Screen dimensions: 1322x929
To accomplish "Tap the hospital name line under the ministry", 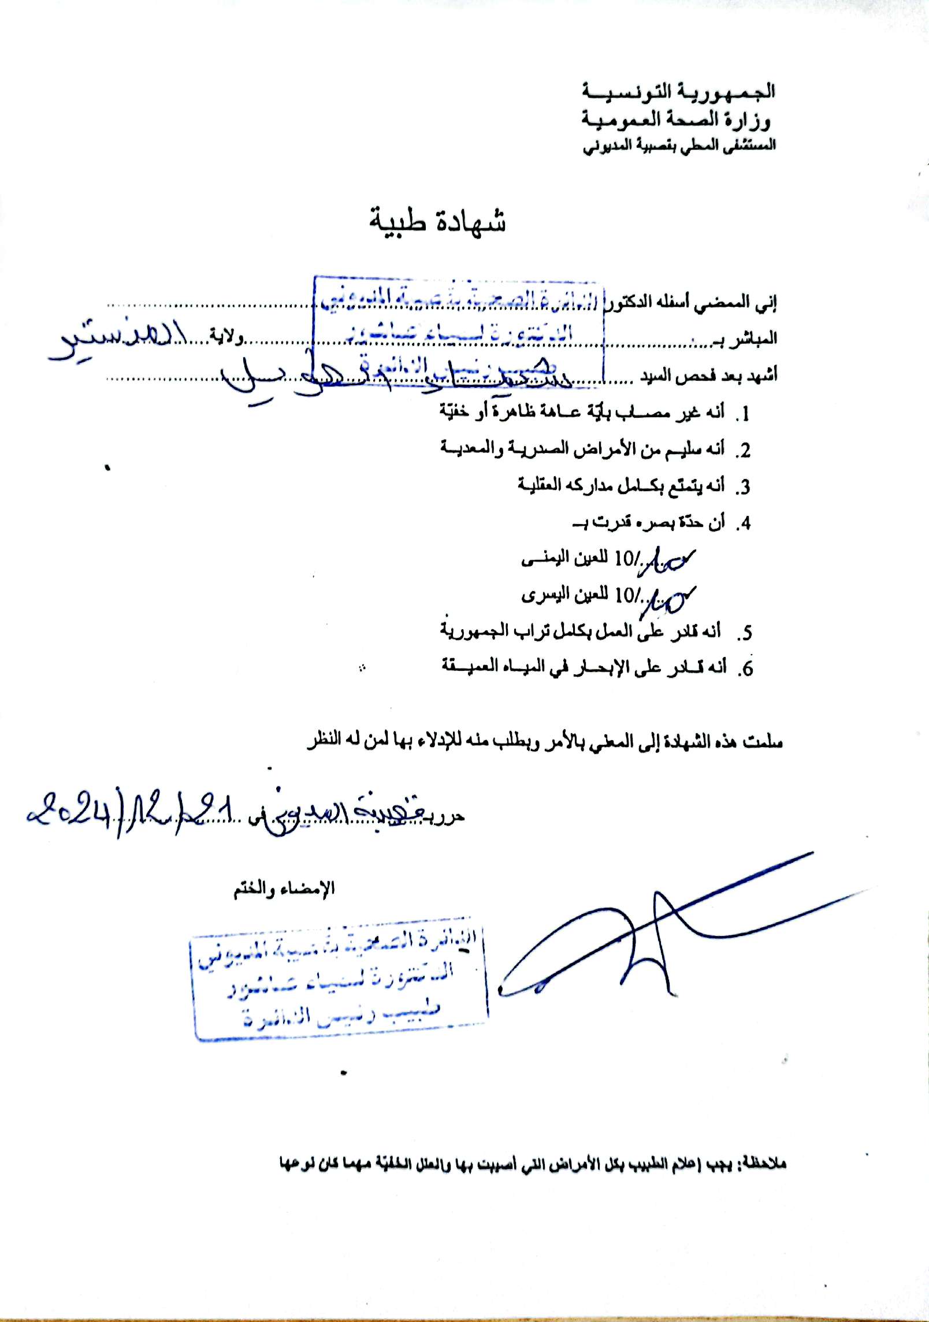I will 678,146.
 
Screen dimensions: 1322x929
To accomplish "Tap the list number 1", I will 744,414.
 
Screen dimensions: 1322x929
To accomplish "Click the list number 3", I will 744,488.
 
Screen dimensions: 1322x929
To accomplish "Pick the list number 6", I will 747,669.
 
